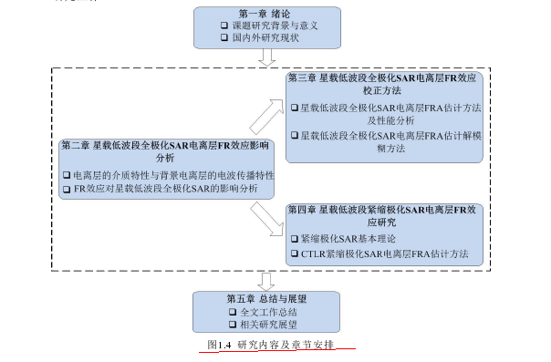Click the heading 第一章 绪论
(265, 14)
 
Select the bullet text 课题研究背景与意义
(273, 26)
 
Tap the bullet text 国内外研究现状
(266, 39)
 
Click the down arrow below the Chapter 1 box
(267, 57)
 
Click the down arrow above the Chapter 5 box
(267, 279)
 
